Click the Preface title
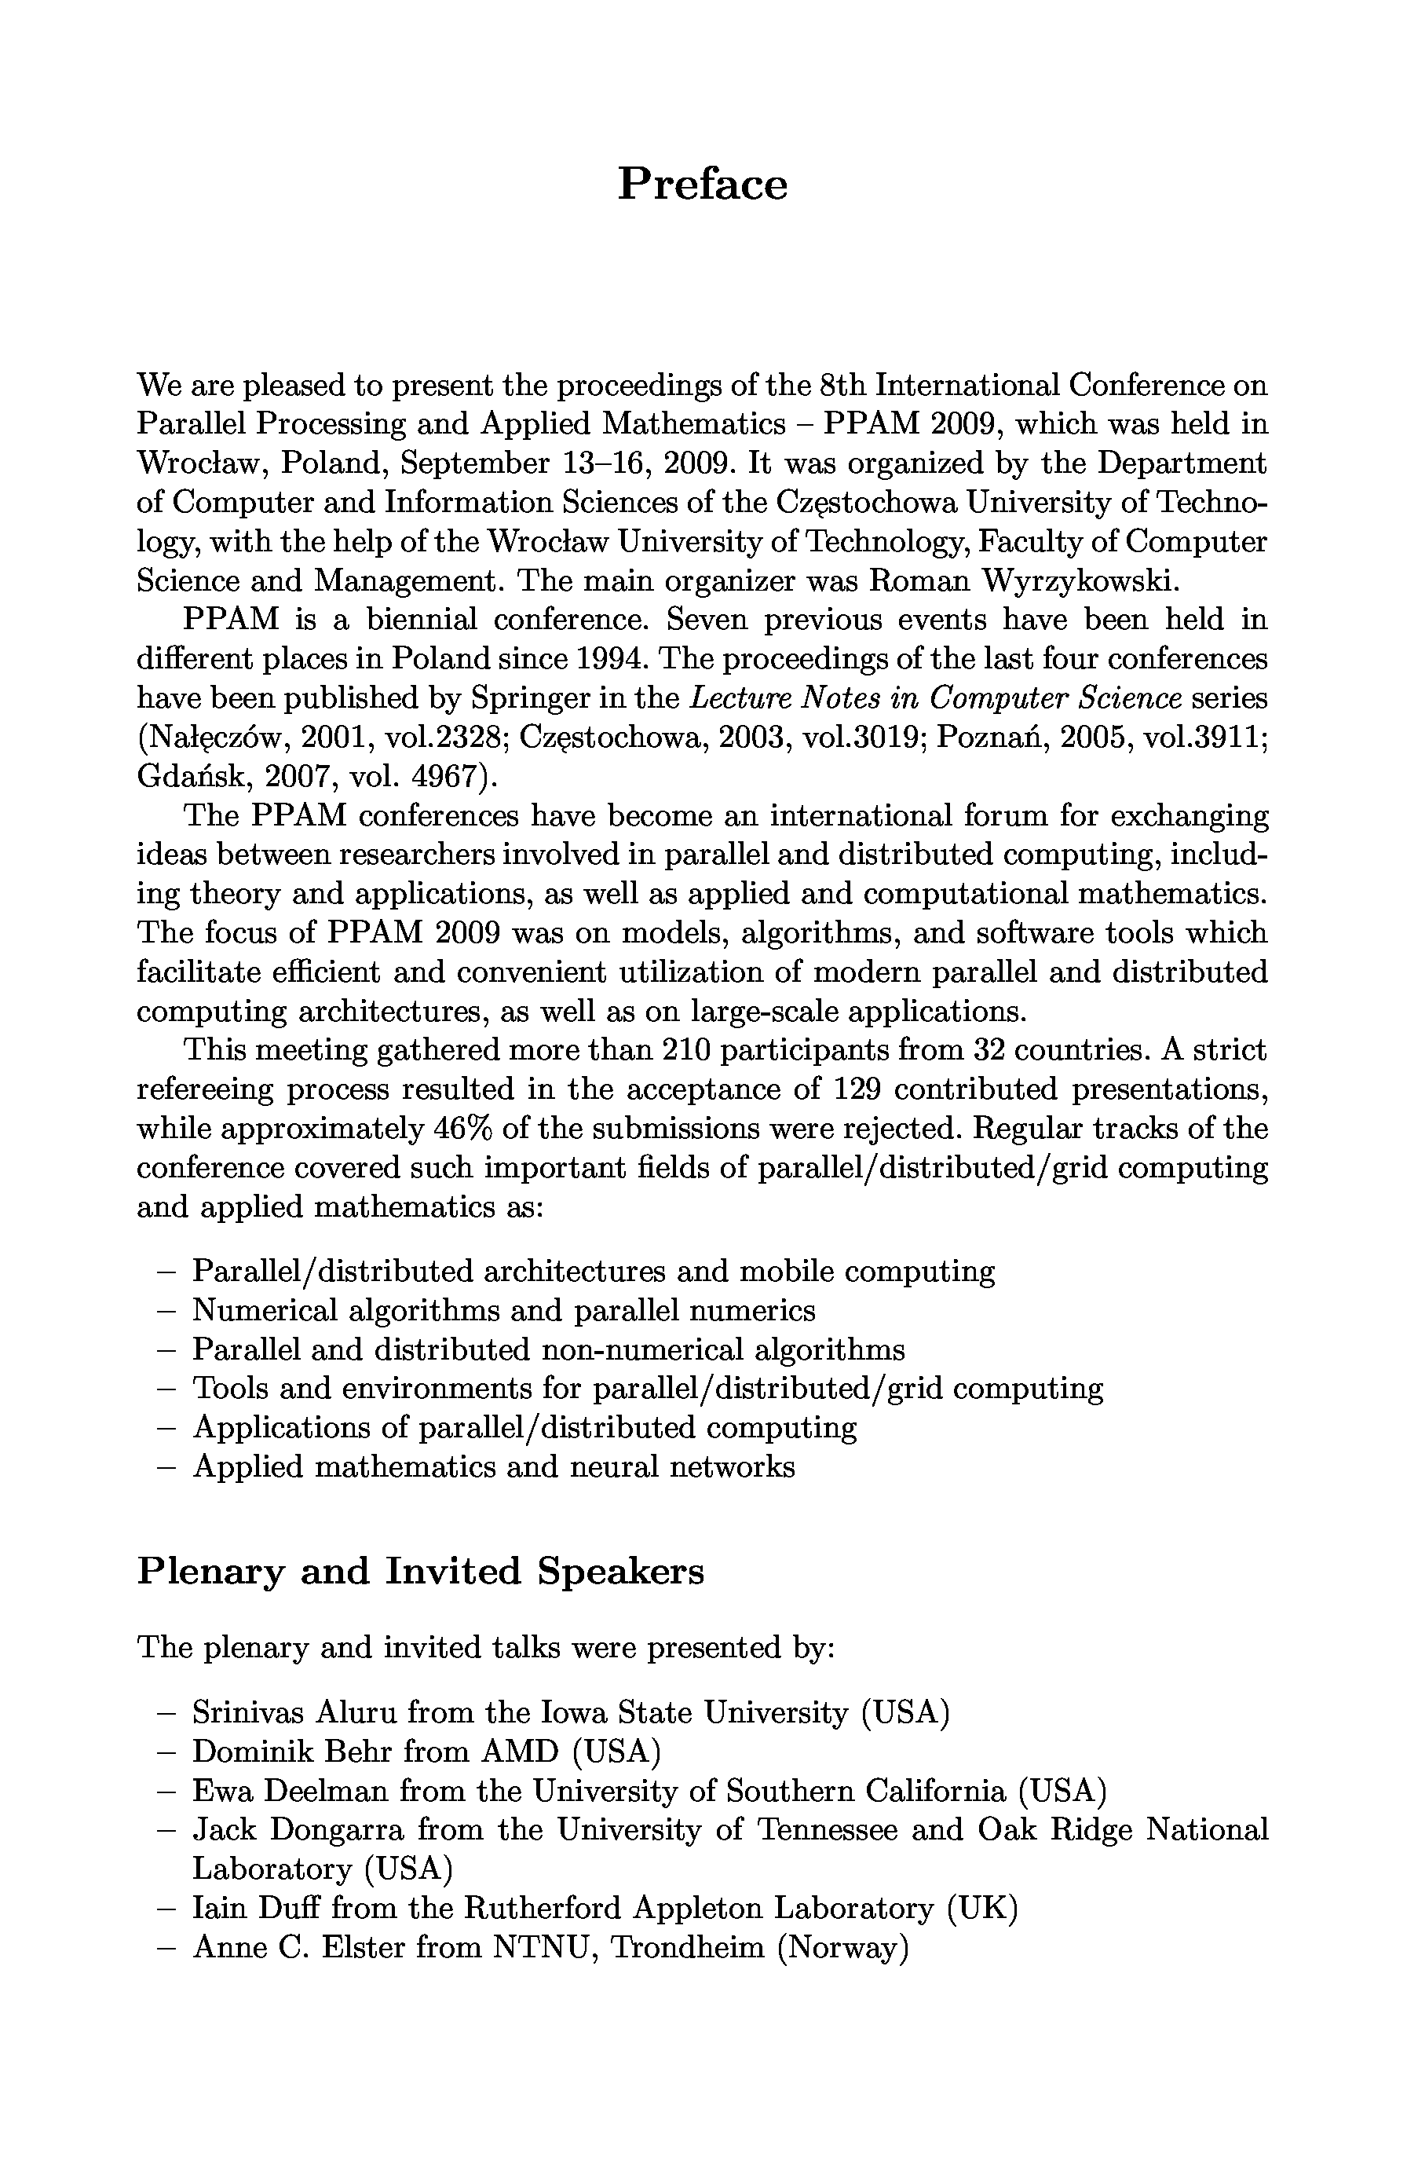(x=702, y=185)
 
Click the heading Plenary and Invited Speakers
(x=420, y=1571)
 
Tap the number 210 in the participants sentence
(x=685, y=1050)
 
